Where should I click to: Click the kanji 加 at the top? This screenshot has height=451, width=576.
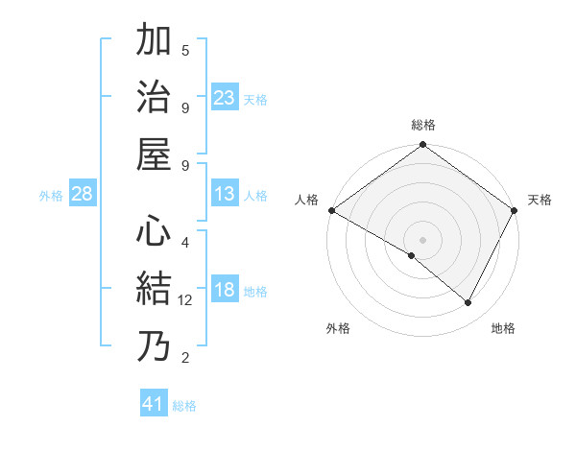pos(155,42)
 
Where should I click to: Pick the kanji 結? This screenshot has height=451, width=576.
pos(155,289)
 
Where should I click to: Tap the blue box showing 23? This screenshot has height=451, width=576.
pos(225,98)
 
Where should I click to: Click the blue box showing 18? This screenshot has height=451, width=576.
pos(225,291)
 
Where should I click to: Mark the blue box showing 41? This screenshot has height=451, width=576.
pos(154,404)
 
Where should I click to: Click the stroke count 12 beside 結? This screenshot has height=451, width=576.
pos(186,300)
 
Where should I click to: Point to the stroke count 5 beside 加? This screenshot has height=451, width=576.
pos(185,50)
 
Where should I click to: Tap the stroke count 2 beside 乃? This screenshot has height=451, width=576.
pos(185,359)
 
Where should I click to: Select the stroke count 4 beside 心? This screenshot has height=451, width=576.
pos(185,242)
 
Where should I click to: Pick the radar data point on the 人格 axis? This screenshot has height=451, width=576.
pos(330,210)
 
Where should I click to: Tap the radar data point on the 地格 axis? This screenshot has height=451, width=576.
pos(468,303)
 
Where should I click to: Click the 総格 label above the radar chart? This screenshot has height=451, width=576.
pos(423,125)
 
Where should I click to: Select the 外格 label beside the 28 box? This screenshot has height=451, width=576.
pos(51,196)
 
